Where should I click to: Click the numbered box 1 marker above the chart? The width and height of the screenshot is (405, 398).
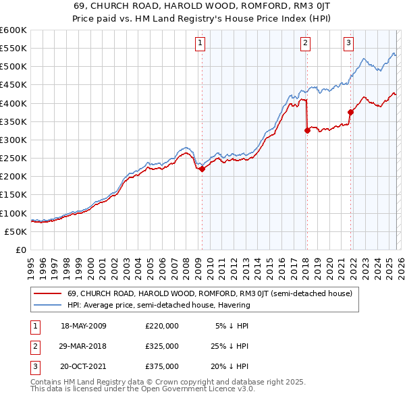coord(201,43)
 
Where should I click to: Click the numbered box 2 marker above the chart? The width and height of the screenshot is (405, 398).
coord(305,43)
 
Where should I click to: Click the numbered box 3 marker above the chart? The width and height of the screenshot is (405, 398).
coord(349,43)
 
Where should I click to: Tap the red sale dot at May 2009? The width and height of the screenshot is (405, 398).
coord(202,169)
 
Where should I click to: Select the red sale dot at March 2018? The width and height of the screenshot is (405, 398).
coord(308,131)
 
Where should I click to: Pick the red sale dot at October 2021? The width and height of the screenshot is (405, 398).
coord(350,113)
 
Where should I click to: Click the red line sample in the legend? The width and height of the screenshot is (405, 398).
coord(49,294)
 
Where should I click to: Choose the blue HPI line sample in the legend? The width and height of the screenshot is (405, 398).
coord(49,305)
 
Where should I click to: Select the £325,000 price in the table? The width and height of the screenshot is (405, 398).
coord(161,346)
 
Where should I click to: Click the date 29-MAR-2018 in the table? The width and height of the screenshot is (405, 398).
coord(83,346)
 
